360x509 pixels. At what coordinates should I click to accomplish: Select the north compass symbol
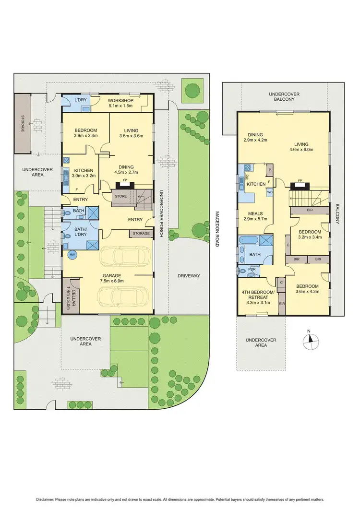[311, 339]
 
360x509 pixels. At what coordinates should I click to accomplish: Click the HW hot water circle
[72, 255]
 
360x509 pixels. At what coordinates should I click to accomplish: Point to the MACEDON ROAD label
[216, 229]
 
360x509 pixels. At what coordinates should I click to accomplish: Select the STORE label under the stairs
[120, 196]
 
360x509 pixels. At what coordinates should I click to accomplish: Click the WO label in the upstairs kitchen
[270, 192]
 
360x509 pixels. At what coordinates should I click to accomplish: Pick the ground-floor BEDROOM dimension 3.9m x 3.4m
[85, 136]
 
